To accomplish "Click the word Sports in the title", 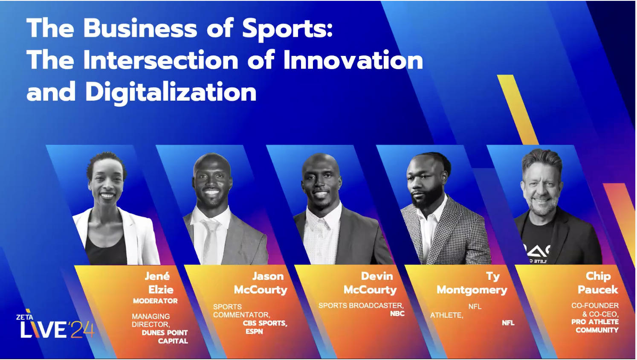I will click(287, 29).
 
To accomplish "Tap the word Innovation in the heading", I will click(353, 60).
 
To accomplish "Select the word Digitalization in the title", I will click(171, 92).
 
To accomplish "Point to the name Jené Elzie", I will click(159, 283).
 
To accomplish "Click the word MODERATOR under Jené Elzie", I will click(155, 301).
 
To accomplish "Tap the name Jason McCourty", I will click(261, 283).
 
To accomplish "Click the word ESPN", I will click(254, 331).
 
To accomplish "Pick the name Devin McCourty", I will click(371, 283).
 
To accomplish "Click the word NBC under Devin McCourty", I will click(397, 314).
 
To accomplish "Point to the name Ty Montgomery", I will click(472, 283).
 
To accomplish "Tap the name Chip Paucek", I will click(598, 283).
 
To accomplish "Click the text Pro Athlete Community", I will click(595, 326).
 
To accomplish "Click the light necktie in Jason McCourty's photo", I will click(211, 241).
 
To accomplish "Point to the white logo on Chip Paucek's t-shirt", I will click(537, 252).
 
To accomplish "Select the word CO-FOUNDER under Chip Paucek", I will click(595, 305).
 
